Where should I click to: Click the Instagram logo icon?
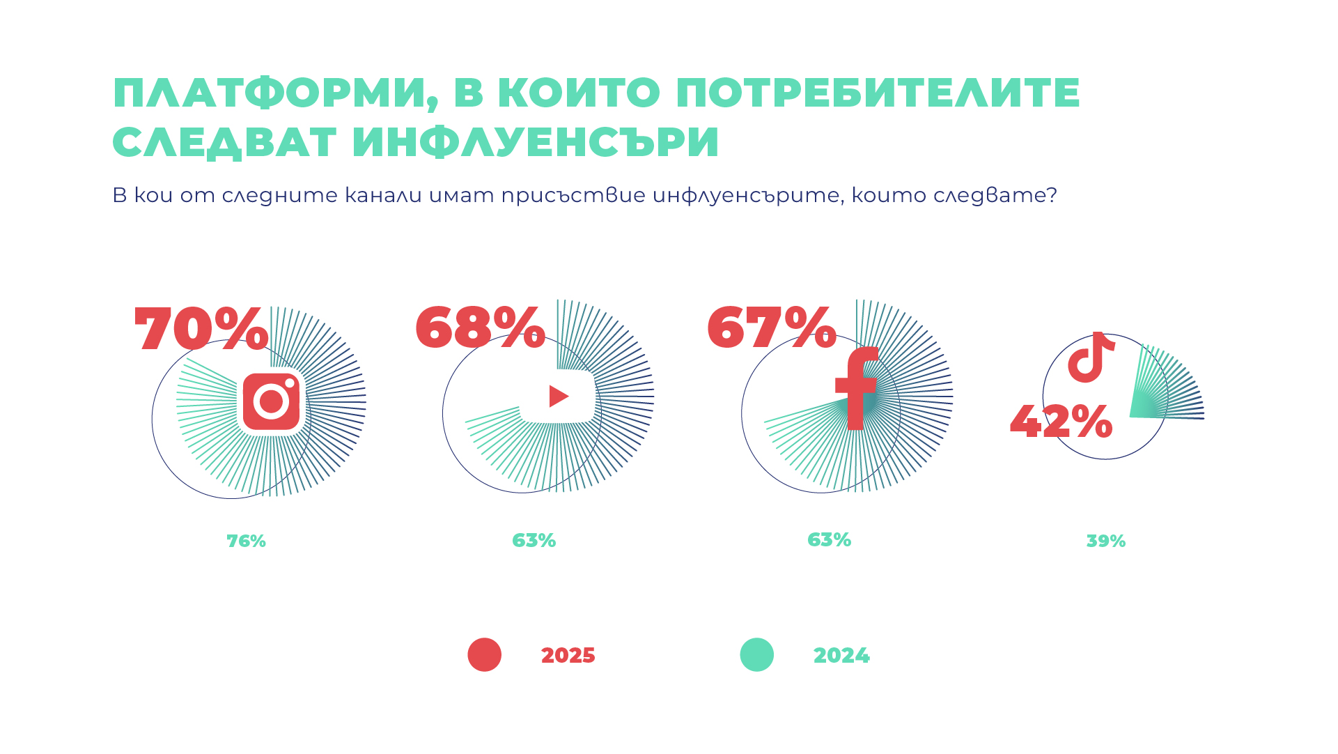(x=271, y=401)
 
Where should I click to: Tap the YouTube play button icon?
(x=558, y=397)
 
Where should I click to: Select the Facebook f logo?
(x=857, y=388)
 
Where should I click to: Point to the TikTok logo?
(x=1091, y=357)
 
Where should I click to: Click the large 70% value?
(x=201, y=329)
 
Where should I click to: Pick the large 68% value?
(x=480, y=327)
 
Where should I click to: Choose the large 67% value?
(x=771, y=327)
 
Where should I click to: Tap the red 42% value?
(x=1061, y=422)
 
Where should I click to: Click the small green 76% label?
(x=246, y=541)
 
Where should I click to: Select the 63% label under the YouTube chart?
(x=534, y=541)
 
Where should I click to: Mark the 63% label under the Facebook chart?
(x=829, y=540)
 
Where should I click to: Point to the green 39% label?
(x=1105, y=541)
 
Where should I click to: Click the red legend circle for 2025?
(x=484, y=655)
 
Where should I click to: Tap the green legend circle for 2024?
(x=756, y=655)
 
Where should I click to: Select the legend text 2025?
(x=568, y=656)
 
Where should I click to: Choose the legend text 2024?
(x=841, y=656)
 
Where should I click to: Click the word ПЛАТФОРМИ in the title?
(x=270, y=93)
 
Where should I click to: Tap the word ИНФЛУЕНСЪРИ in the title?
(x=535, y=142)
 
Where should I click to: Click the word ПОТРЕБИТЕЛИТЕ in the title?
(x=878, y=93)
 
